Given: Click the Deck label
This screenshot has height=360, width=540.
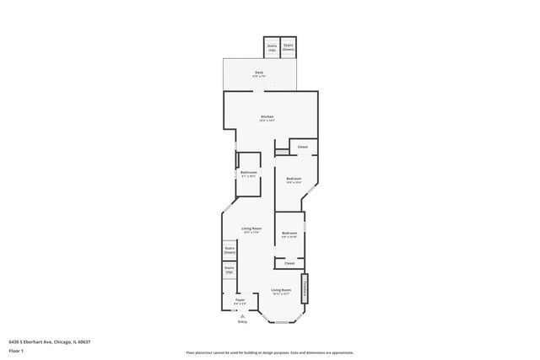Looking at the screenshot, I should click(259, 73).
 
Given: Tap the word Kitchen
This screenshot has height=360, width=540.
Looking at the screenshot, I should click(267, 117).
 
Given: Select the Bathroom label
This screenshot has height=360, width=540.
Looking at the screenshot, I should click(249, 174).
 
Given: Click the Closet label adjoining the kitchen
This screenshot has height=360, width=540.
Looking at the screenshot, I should click(302, 147).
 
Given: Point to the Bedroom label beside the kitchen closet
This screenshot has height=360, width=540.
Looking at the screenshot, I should click(294, 180).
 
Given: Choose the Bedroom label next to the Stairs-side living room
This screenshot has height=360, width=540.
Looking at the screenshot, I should click(289, 234).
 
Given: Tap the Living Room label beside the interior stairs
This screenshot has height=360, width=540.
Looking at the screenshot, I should click(251, 230).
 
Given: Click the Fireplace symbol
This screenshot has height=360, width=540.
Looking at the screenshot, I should click(305, 286).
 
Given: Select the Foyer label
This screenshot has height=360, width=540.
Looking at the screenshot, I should click(240, 301).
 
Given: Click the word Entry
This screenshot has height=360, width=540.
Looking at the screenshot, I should click(242, 321).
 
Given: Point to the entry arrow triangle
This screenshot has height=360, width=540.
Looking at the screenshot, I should click(242, 315).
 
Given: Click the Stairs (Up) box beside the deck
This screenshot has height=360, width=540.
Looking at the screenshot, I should click(273, 48).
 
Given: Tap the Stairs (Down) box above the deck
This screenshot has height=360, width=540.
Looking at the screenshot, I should click(289, 47).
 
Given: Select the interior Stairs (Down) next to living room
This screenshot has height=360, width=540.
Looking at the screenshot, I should click(229, 250).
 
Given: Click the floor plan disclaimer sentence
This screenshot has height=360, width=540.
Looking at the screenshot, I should click(269, 352).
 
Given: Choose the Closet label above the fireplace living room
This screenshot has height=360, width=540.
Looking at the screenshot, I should click(289, 263).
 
